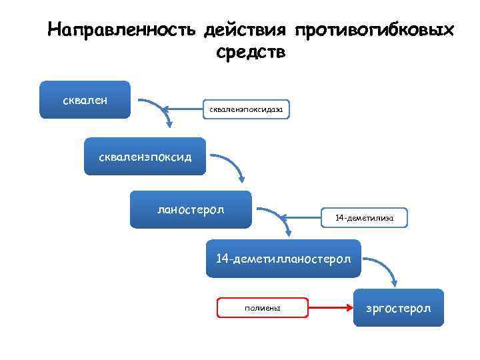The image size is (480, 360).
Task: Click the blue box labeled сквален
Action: [85, 100]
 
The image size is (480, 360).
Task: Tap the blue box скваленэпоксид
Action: [145, 157]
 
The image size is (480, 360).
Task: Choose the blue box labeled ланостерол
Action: [191, 209]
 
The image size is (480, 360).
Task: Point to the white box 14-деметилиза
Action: [365, 218]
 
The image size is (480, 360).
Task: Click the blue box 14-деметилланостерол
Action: [283, 258]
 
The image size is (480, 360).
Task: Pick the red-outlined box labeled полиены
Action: [263, 307]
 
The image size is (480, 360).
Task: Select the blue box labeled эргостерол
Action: [399, 307]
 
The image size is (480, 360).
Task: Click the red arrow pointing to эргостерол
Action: [330, 307]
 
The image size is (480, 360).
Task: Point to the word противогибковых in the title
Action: [374, 31]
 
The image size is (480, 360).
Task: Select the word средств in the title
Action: [251, 53]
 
